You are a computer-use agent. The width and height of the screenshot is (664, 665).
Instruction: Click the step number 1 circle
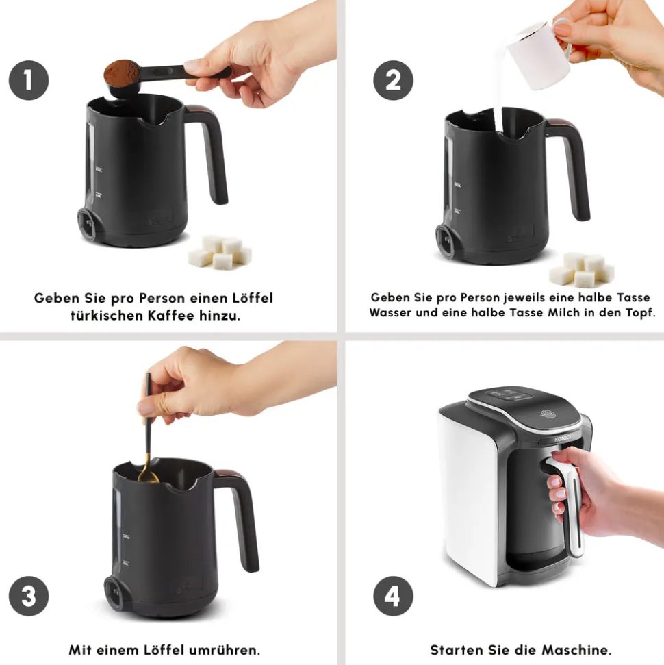(29, 80)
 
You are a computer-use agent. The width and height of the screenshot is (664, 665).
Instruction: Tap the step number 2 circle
(393, 80)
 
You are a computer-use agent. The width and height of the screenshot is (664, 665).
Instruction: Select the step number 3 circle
(29, 596)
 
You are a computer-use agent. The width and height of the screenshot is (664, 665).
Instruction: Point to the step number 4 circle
(393, 596)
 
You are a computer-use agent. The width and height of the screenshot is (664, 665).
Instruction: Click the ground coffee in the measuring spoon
(122, 71)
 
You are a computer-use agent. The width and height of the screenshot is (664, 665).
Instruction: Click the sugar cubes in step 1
(220, 252)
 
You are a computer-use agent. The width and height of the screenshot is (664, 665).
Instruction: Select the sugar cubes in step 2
(582, 269)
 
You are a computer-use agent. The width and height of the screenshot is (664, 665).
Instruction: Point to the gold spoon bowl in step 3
(148, 476)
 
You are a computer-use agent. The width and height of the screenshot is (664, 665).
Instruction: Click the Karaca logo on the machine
(563, 438)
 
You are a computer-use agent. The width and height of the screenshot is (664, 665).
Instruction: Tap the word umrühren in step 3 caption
(225, 650)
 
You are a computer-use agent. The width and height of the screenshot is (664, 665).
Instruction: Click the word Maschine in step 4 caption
(576, 650)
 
